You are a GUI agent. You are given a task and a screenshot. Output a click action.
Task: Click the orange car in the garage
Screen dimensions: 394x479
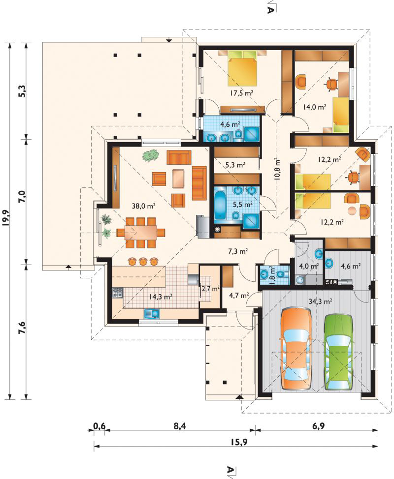point(296,349)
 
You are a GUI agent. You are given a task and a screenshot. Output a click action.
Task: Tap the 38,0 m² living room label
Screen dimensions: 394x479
point(144,206)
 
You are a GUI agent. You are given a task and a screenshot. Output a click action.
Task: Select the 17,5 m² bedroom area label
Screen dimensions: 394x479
point(242,93)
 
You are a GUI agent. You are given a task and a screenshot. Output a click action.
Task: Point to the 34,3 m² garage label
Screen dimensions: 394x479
point(320,301)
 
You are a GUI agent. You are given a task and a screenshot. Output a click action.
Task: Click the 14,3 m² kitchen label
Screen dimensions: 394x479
point(161,296)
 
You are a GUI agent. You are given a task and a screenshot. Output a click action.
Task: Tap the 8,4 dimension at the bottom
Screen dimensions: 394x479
point(180,426)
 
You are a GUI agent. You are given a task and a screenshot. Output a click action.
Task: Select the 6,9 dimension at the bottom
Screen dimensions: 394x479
point(319,426)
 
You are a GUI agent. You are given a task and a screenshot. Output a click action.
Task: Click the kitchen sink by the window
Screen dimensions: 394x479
point(152,313)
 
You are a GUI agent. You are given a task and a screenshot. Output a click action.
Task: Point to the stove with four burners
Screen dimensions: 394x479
point(118,293)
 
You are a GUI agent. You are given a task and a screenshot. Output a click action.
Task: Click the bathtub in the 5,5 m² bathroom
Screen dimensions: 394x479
point(220,205)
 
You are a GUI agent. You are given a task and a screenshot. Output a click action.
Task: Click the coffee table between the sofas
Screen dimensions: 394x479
point(179,179)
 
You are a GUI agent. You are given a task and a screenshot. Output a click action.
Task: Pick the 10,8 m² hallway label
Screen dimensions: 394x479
point(278,169)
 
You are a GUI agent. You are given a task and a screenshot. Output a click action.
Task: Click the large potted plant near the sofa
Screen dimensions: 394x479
point(151,155)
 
